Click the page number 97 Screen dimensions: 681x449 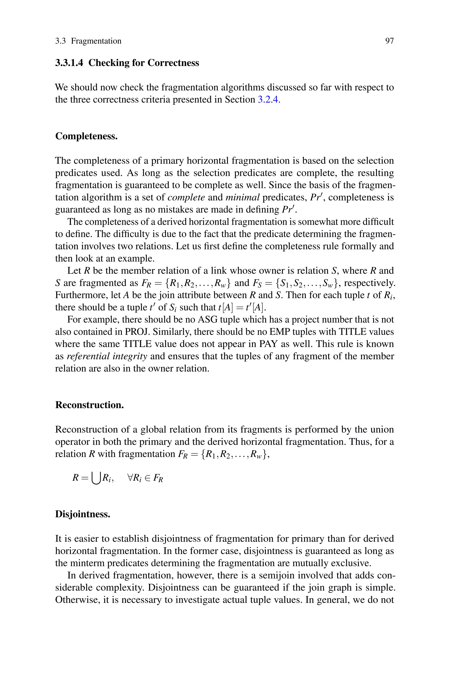[x=389, y=41]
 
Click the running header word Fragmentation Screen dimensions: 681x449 [x=96, y=41]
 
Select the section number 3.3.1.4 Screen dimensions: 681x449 [x=69, y=63]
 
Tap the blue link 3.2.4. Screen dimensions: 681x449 [x=269, y=99]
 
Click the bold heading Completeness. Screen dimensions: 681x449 [x=86, y=136]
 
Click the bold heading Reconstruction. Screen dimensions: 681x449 [x=89, y=405]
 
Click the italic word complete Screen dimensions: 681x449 [x=186, y=197]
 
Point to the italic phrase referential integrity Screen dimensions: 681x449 [x=107, y=356]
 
